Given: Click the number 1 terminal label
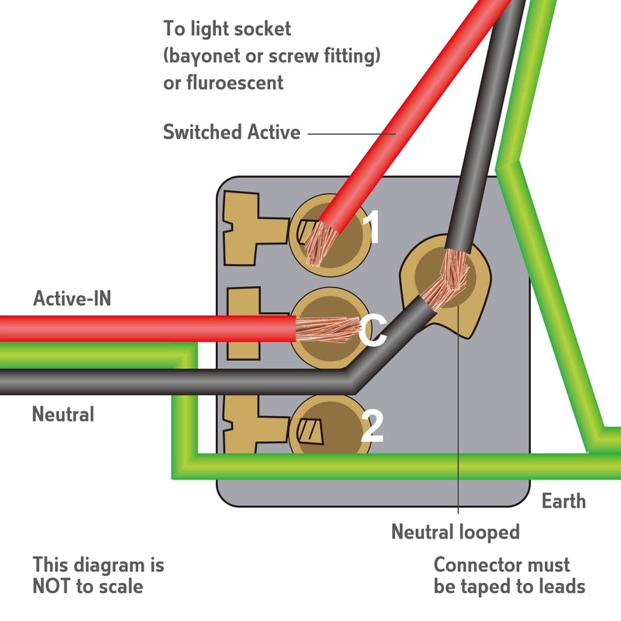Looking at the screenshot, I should click(373, 229).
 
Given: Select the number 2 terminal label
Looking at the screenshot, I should click(373, 426).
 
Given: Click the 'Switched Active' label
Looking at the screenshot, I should click(231, 133).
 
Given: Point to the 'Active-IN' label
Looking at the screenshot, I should click(72, 299).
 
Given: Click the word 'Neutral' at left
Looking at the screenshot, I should click(63, 415).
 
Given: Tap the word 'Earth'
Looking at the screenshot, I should click(564, 501).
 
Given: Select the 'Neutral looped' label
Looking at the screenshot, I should click(455, 533).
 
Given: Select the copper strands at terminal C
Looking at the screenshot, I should click(321, 329).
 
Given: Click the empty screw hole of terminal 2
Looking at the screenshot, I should click(315, 428).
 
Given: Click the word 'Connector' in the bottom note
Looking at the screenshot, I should click(480, 564).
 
